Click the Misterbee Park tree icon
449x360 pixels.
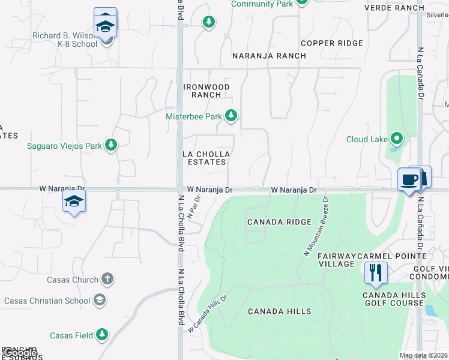coord(231,116)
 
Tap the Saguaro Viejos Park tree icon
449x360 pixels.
coord(110,145)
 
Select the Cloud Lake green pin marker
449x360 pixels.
coord(396,139)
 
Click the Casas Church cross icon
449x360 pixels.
coord(107,279)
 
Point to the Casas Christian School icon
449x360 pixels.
coord(100,300)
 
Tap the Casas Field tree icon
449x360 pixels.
coord(102,335)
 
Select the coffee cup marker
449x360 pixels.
coord(409,179)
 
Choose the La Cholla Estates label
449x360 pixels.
coord(205,158)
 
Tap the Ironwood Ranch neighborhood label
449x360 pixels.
coord(206,91)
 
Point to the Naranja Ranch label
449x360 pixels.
coord(270,56)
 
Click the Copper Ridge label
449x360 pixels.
coord(332,43)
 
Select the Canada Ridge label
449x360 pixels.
coord(280,222)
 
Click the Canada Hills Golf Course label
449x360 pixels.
coord(393,299)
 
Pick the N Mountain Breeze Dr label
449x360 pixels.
coord(317,226)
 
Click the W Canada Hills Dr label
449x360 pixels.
coord(208,314)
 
